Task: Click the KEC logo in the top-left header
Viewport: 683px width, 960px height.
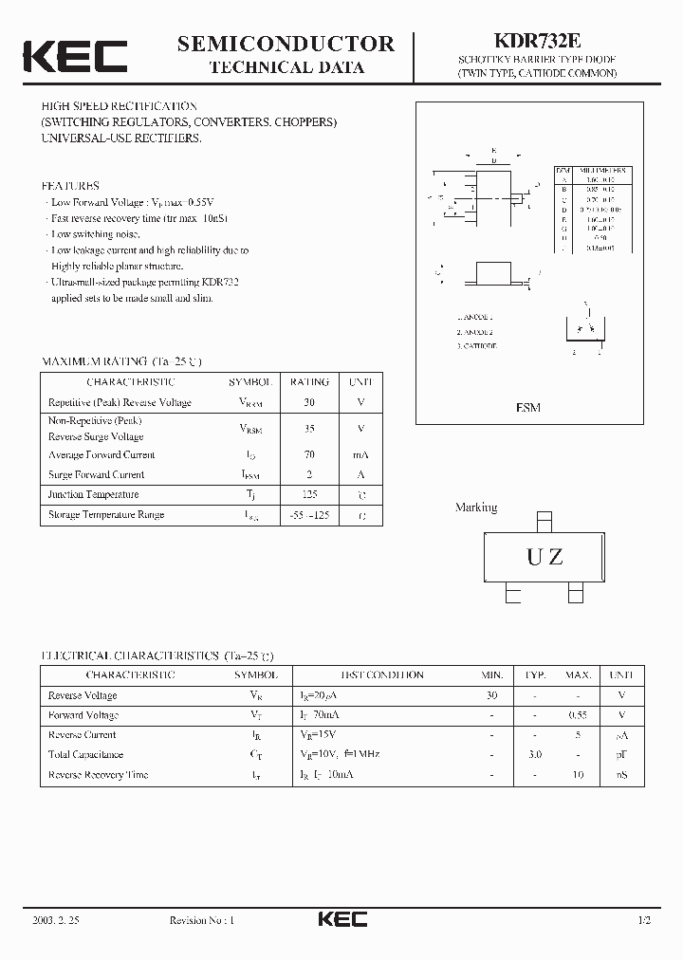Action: [75, 56]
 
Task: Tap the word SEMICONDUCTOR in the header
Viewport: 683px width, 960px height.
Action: [286, 43]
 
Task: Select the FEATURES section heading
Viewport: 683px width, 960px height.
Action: [70, 186]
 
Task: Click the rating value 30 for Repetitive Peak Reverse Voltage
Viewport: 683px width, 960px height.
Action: [309, 402]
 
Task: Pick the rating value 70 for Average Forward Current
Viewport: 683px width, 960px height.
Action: [309, 455]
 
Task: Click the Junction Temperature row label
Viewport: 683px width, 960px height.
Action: [93, 494]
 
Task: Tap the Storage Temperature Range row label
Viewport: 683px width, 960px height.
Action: [106, 514]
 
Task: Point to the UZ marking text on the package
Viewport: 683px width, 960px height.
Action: [545, 558]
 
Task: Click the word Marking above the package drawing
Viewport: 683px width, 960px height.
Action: [476, 508]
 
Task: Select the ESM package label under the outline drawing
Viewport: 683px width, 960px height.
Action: [528, 407]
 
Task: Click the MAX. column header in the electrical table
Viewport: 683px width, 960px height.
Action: [578, 675]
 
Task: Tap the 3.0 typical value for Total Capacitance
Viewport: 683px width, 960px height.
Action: [535, 755]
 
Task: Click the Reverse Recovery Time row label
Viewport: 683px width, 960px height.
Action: [99, 775]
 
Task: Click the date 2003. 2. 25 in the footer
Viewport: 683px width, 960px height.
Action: [52, 920]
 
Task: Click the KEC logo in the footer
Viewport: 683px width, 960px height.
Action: [341, 919]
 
